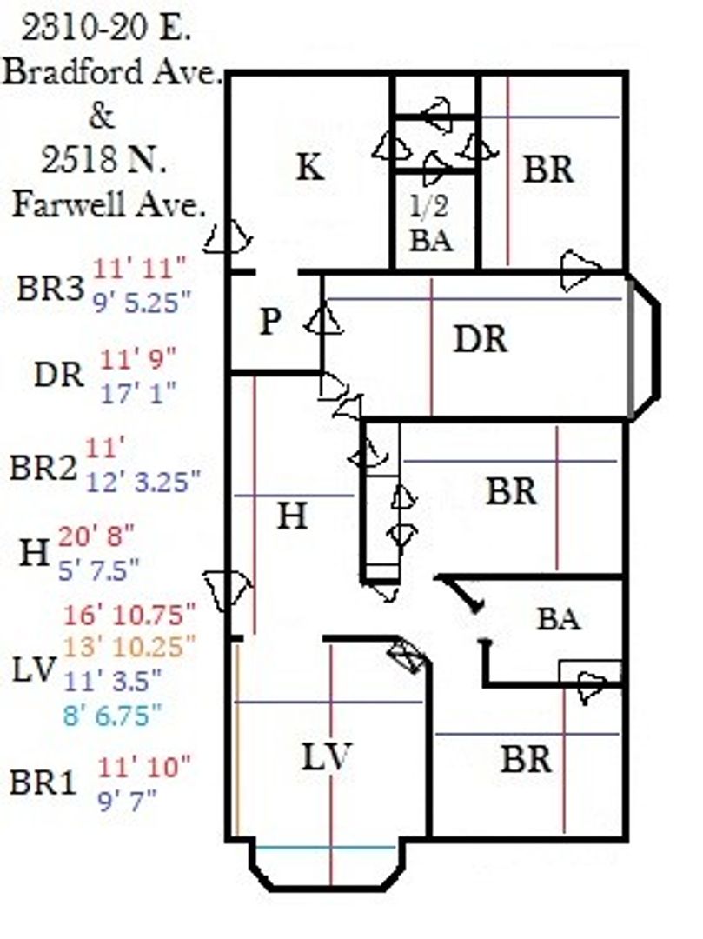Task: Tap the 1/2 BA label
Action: pos(430,224)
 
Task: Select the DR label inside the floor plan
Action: pos(480,339)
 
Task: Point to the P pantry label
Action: pos(270,323)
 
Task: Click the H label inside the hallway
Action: pos(292,517)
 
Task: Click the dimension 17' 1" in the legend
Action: pos(138,392)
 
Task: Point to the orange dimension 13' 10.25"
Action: pos(129,646)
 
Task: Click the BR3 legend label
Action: pos(50,289)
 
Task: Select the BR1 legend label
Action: pos(44,782)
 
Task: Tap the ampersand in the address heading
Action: pos(102,116)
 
